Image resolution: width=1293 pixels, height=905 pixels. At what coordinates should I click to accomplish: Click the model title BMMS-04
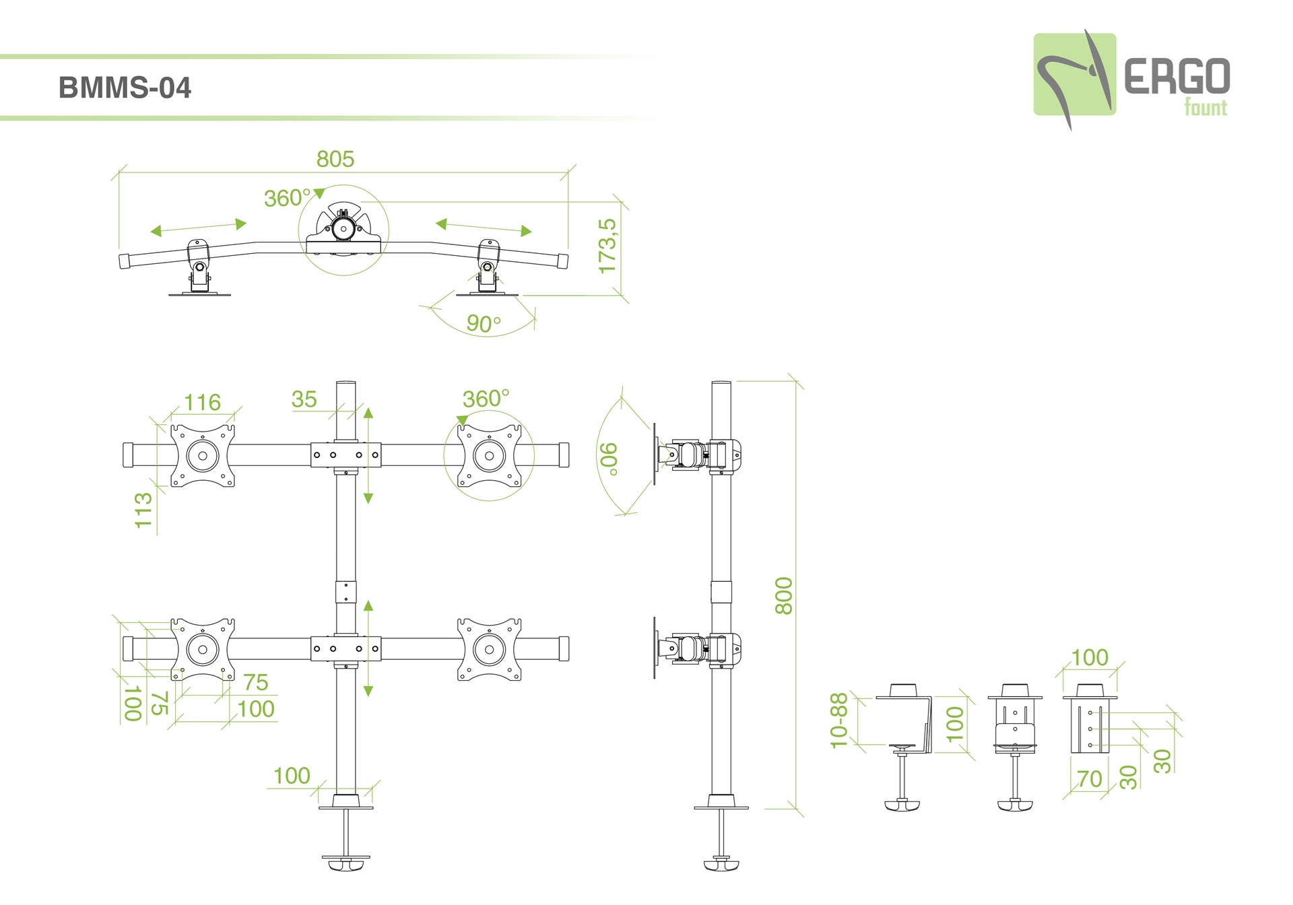125,88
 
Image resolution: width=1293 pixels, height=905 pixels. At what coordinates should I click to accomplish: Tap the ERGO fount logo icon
1074,75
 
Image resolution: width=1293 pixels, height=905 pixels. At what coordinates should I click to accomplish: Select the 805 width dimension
335,159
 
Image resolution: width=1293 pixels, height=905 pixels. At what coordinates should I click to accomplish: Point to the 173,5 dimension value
607,246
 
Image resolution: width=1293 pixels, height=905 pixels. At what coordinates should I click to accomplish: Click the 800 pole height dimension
784,595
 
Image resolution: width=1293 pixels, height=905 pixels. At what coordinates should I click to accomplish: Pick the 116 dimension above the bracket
202,402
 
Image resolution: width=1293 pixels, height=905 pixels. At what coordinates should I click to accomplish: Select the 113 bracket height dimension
143,510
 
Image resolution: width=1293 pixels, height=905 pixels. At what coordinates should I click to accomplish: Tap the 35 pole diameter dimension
304,399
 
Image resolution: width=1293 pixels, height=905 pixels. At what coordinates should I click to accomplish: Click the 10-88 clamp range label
838,720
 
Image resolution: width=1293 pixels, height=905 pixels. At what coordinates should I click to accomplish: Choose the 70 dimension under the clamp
1090,778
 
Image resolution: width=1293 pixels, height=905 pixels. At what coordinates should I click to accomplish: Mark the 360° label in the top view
287,198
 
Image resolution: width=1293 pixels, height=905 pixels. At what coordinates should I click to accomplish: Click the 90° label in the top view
484,323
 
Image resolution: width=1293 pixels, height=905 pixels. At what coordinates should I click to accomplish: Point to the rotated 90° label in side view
609,459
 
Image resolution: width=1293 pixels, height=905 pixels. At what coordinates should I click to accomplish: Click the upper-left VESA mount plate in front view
202,455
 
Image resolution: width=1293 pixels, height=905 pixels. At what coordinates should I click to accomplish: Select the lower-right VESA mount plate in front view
490,650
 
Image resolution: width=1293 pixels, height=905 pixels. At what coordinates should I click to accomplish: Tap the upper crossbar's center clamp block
345,455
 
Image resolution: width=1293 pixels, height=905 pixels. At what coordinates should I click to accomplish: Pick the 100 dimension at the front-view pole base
292,776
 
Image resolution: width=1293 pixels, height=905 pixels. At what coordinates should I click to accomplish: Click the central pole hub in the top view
343,229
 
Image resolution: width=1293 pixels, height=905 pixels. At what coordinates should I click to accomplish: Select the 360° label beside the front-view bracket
486,399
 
